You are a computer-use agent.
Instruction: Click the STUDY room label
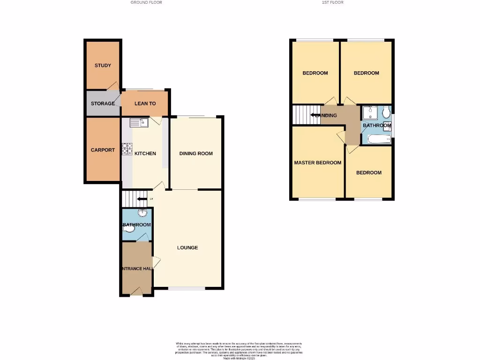[103, 66]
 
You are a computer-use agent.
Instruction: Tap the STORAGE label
[103, 104]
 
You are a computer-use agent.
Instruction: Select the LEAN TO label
[145, 104]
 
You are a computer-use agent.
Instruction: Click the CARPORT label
[103, 150]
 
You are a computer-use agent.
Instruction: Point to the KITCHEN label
[145, 154]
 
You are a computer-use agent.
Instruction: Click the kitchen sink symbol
[139, 123]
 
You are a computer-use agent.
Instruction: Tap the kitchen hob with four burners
[127, 149]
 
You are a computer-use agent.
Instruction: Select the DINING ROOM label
[196, 154]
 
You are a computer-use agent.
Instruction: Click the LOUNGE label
[187, 247]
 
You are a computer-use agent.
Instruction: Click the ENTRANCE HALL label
[137, 268]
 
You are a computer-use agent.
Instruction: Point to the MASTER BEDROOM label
[317, 163]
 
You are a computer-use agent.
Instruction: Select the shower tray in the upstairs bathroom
[370, 113]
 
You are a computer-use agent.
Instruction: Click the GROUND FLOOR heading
[146, 2]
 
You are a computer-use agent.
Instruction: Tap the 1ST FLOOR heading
[332, 2]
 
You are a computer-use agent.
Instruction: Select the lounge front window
[187, 288]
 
